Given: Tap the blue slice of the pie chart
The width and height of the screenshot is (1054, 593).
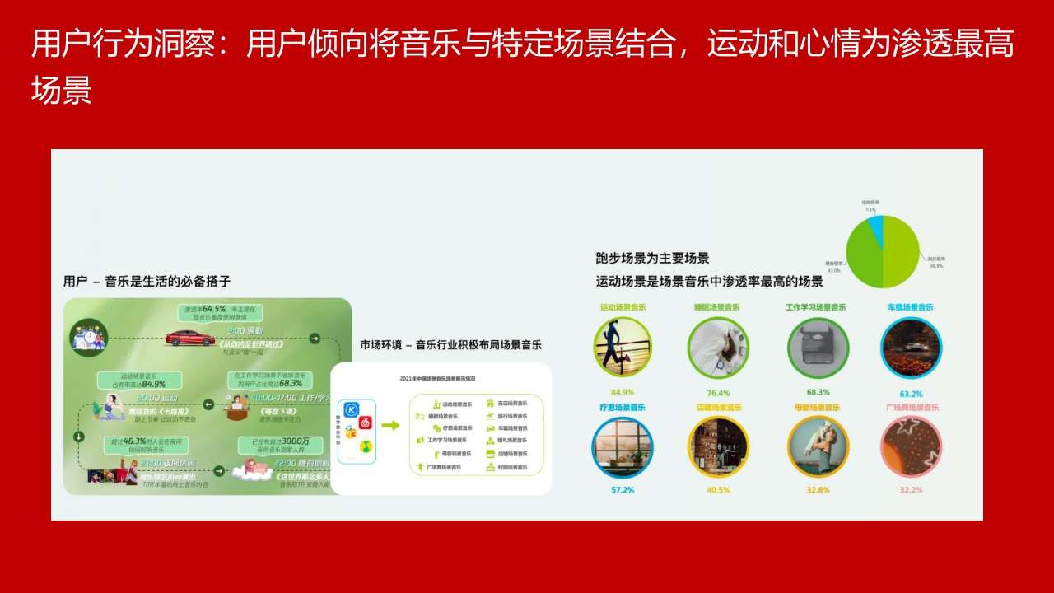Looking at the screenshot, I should point(874,231).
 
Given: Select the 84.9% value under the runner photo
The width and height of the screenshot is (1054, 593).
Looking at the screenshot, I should point(623,392).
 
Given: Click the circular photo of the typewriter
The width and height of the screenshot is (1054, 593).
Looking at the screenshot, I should point(818,347).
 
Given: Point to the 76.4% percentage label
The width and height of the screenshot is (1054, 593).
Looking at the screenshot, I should point(717,393).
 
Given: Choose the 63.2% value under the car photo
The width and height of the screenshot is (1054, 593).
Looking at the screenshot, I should point(911,394).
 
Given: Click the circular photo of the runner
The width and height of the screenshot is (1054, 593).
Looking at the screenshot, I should point(623,347).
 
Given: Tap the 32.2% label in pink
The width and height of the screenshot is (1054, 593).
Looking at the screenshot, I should point(911,490).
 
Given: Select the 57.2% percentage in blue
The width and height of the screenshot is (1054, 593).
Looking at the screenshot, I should point(623,490).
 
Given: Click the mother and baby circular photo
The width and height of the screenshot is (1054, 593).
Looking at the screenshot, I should point(818,446).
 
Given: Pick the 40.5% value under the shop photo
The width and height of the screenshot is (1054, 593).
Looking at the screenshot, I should point(717,490).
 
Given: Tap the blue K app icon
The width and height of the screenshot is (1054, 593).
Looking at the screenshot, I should point(352,409).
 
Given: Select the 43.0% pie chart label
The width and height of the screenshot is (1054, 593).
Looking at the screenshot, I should point(833,267).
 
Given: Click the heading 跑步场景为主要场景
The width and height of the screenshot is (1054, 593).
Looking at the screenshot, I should point(653,258).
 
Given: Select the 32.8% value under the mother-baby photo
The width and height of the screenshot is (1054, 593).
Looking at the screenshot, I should point(818,490).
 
